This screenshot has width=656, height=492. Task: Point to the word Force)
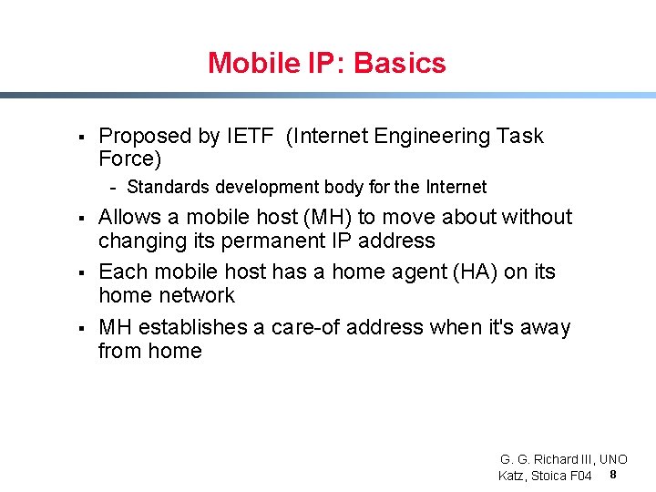tap(129, 159)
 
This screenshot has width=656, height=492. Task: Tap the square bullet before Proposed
tap(81, 138)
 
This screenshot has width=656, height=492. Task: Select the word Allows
tap(130, 218)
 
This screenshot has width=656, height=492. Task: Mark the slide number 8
tap(613, 476)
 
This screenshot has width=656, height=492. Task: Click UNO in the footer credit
tap(612, 459)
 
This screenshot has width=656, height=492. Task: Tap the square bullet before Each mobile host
tap(81, 272)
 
